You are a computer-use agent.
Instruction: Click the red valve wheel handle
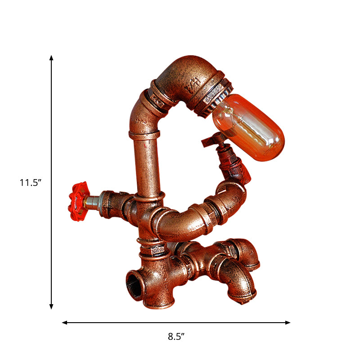[x=77, y=201]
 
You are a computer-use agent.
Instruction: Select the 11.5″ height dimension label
[x=30, y=183]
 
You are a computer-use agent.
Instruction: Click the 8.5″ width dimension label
[x=176, y=336]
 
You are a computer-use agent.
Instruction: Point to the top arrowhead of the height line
[x=51, y=58]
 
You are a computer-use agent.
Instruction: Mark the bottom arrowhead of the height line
[x=51, y=307]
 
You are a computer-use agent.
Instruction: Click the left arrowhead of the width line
[x=65, y=323]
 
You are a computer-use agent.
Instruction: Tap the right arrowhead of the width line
[x=288, y=323]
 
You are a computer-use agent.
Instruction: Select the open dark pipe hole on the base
[x=134, y=286]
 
